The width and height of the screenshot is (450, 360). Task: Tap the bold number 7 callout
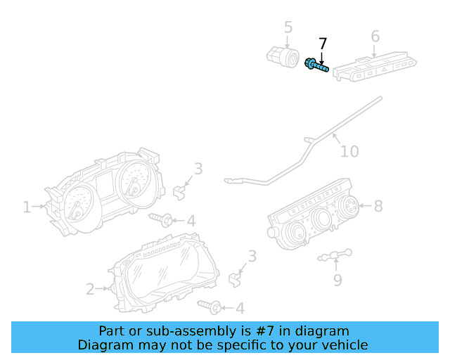click(323, 44)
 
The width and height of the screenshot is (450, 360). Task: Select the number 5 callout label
click(288, 27)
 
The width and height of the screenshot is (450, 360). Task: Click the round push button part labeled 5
click(281, 56)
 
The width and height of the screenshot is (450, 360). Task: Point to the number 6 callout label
click(375, 37)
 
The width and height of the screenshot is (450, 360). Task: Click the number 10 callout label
click(349, 151)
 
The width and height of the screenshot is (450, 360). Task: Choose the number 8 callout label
click(378, 206)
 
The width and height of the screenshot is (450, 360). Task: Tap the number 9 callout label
click(337, 280)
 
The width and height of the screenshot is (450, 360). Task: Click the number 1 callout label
click(27, 207)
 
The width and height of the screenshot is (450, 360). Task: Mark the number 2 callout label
click(90, 288)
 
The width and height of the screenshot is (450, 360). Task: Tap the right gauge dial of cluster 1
click(133, 181)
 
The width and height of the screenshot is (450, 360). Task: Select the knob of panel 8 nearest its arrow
click(347, 206)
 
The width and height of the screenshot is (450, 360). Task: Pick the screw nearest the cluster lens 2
click(211, 306)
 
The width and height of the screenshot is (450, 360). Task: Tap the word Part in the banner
click(112, 330)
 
